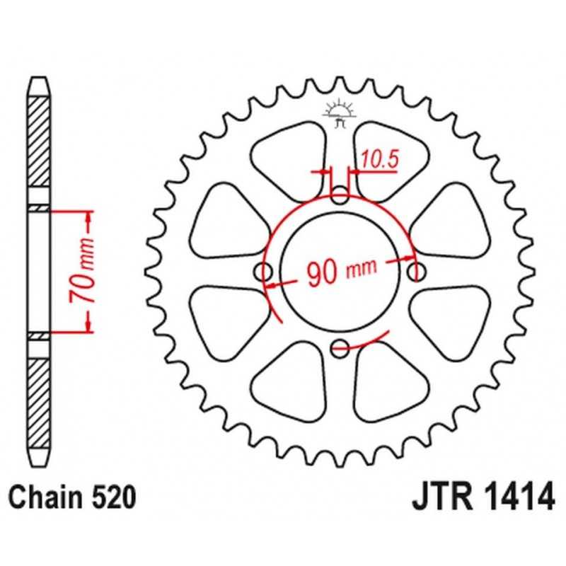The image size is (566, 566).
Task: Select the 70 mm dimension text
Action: (81, 270)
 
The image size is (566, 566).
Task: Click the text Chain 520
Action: (72, 497)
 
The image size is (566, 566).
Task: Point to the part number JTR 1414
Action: (483, 497)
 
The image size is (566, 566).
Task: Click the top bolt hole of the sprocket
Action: (340, 196)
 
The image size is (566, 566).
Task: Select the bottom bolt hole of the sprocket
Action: (340, 348)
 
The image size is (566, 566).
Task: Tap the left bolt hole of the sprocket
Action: (263, 272)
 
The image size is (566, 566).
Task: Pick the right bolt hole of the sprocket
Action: (416, 272)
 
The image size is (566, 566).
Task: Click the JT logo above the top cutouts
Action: (340, 113)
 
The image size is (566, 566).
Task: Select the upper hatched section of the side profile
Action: (39, 141)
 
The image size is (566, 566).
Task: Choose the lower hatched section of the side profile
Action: (39, 403)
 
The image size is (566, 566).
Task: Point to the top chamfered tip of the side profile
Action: (39, 87)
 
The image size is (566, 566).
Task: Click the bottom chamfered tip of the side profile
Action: (39, 458)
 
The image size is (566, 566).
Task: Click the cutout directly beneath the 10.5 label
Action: (392, 161)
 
